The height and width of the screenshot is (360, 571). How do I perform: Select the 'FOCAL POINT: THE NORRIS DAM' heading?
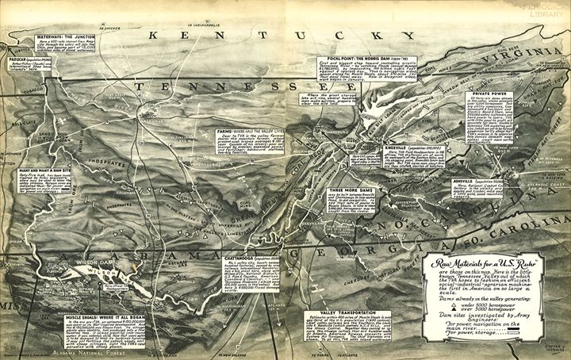pos(354,59)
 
